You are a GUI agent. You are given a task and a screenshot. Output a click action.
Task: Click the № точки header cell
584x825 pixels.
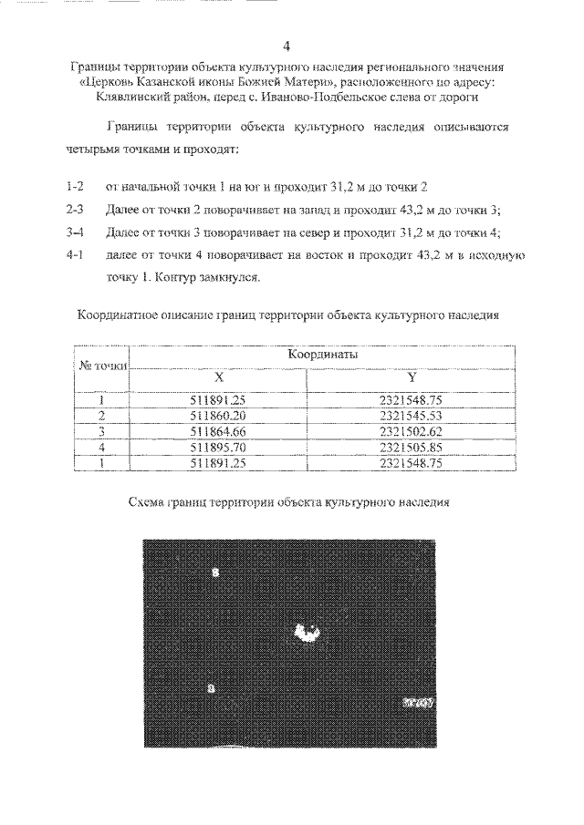pos(101,366)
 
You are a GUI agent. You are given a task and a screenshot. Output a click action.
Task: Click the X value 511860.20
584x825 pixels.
pos(217,415)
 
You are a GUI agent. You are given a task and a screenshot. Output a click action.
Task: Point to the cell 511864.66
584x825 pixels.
pos(217,431)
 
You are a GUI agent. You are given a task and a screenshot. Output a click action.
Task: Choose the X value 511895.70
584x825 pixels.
pos(217,448)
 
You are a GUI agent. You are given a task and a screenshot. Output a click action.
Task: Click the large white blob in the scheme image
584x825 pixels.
pos(306,631)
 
